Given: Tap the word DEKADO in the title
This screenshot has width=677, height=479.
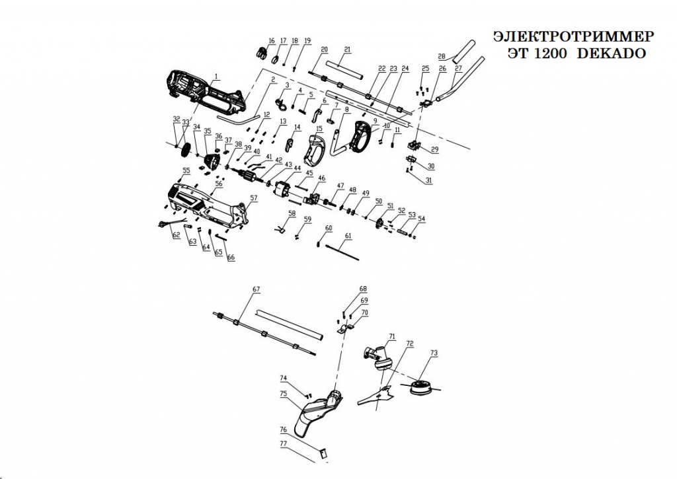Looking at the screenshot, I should pos(612,54).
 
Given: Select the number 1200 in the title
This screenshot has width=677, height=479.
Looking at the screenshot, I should pos(551,54).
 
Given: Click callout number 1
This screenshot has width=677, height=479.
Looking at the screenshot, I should pos(216,76).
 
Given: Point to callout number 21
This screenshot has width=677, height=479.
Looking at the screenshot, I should pos(348,50).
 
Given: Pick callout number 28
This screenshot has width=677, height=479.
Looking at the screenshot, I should pos(442,55).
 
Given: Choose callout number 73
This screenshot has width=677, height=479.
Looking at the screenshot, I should pos(434,353).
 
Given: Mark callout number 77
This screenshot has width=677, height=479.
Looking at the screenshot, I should pos(283,443).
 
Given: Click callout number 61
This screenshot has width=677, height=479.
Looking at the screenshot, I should pos(348,236).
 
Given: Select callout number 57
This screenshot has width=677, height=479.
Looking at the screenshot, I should pos(254,198).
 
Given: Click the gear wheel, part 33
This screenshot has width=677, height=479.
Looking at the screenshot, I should pos(184,148).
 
